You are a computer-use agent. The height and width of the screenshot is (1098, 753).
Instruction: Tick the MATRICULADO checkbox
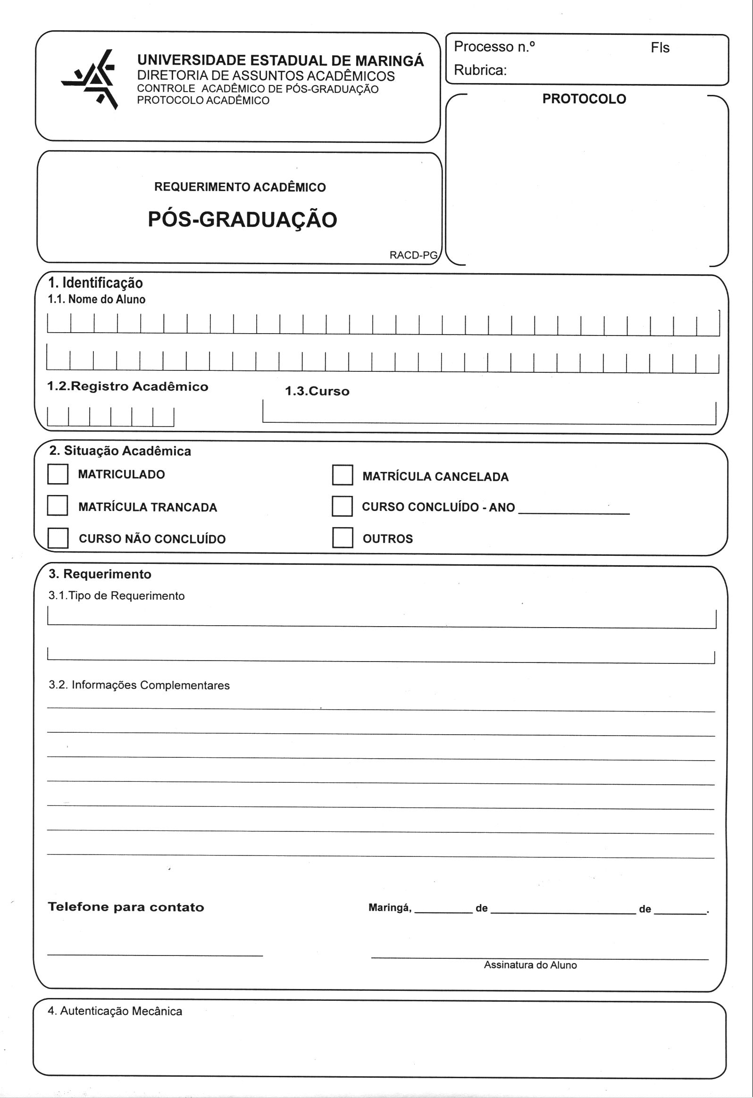pos(58,474)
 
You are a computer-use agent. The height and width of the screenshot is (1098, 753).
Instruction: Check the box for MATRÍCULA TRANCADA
pos(58,505)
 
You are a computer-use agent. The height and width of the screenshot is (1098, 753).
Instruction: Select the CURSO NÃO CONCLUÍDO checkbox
pos(58,537)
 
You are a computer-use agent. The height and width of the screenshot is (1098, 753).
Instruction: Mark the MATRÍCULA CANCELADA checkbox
pos(343,475)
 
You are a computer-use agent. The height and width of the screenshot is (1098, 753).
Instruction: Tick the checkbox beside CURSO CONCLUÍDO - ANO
pos(343,506)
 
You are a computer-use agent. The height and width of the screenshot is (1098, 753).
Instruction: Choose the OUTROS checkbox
pos(343,537)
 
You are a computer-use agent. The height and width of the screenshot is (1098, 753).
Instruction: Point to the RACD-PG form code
pos(413,255)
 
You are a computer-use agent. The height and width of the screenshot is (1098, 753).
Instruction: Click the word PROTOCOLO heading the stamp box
pos(584,99)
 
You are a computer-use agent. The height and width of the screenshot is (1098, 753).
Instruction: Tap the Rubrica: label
pos(480,70)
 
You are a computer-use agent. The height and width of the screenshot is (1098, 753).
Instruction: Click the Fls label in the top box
pos(660,48)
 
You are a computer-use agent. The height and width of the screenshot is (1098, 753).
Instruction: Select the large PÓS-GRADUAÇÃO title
pos(243,220)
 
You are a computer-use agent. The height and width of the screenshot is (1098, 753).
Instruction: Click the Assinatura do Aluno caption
pos(530,965)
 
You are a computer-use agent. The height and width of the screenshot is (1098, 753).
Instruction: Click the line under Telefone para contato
pos(155,955)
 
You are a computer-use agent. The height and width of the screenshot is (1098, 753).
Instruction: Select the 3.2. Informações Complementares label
pos(139,685)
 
